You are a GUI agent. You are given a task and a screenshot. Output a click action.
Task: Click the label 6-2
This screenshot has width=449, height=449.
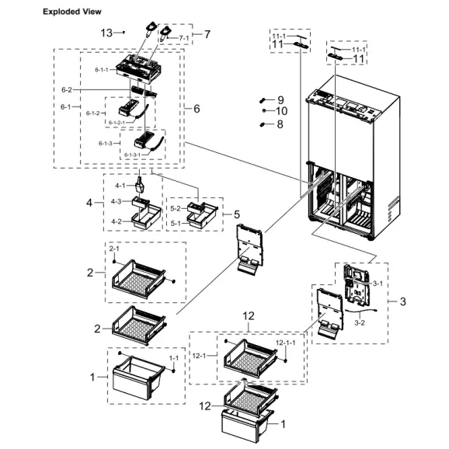point(68,90)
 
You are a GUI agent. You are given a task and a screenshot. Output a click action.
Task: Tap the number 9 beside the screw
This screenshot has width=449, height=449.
point(280,99)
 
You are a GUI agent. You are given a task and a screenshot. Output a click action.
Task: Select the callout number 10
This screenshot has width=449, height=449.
point(282,111)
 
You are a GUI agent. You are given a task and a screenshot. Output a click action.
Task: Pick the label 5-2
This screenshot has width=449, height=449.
point(175,208)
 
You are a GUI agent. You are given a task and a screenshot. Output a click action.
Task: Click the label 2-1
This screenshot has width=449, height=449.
point(115,248)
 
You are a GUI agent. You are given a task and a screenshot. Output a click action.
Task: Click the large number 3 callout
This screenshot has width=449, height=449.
point(402,301)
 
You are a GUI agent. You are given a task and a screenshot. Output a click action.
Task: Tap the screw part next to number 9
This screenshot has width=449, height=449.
point(263,100)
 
